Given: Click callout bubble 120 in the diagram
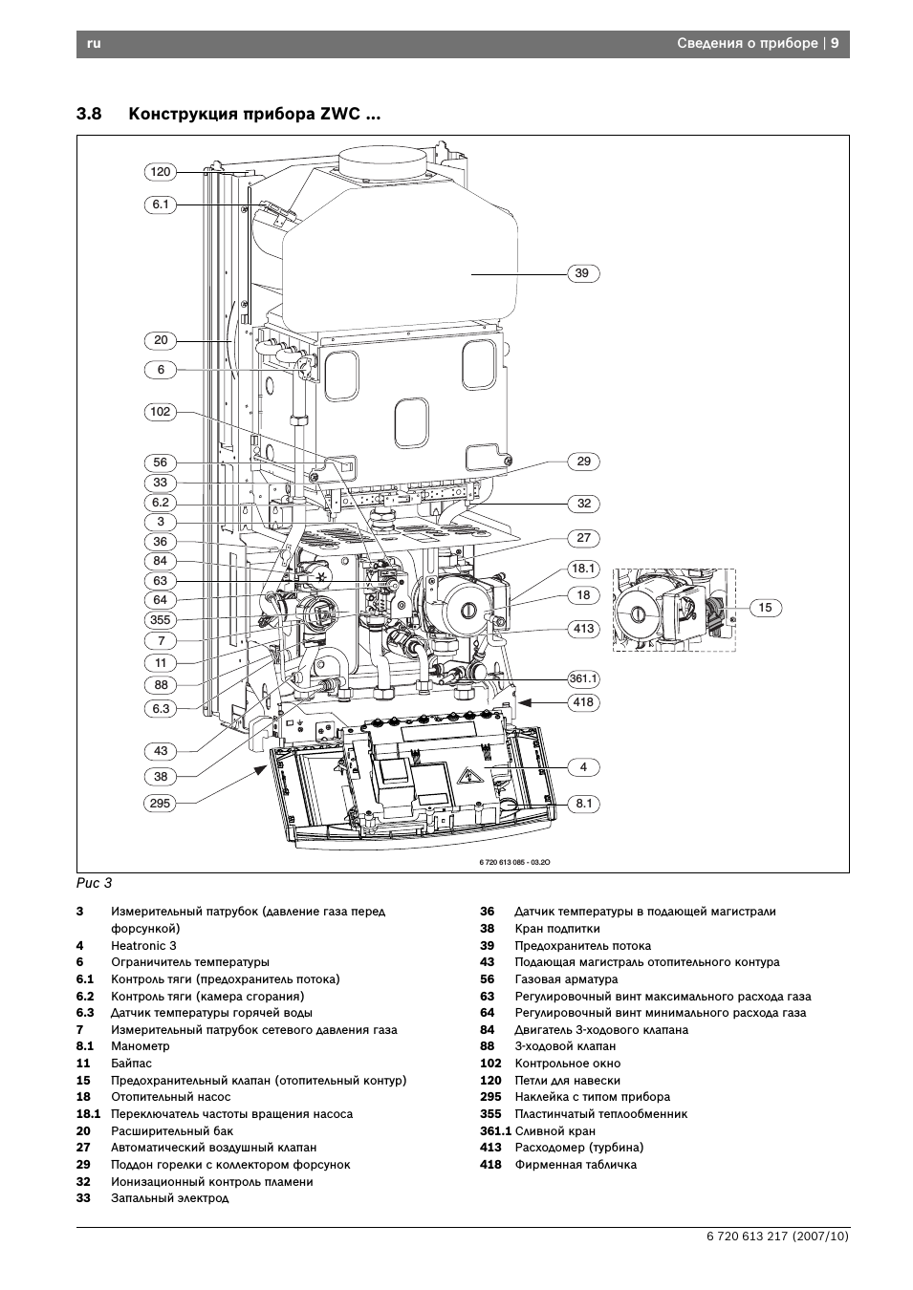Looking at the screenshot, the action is (x=161, y=172).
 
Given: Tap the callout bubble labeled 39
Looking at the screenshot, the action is (x=583, y=273).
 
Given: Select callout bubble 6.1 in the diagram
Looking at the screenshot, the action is (x=161, y=204).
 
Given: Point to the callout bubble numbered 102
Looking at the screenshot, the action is (x=161, y=412).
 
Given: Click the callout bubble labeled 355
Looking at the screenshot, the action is (x=161, y=619).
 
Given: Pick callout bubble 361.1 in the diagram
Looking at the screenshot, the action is (x=583, y=679).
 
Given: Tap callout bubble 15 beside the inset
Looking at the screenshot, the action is (x=765, y=608).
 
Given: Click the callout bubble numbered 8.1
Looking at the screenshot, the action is (x=583, y=804).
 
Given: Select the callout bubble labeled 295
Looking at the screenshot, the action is (x=161, y=804).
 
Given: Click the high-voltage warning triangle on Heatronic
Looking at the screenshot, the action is (x=467, y=777).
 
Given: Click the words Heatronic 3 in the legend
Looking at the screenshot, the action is (x=144, y=946).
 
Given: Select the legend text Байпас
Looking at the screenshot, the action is (x=131, y=1064).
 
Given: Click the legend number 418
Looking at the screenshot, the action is (x=490, y=1165).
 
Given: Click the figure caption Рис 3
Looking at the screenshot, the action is (x=94, y=884).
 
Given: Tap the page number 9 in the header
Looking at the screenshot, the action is (x=835, y=43).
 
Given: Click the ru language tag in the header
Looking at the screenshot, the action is (x=94, y=44).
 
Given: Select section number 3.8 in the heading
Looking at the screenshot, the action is (x=89, y=114).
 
